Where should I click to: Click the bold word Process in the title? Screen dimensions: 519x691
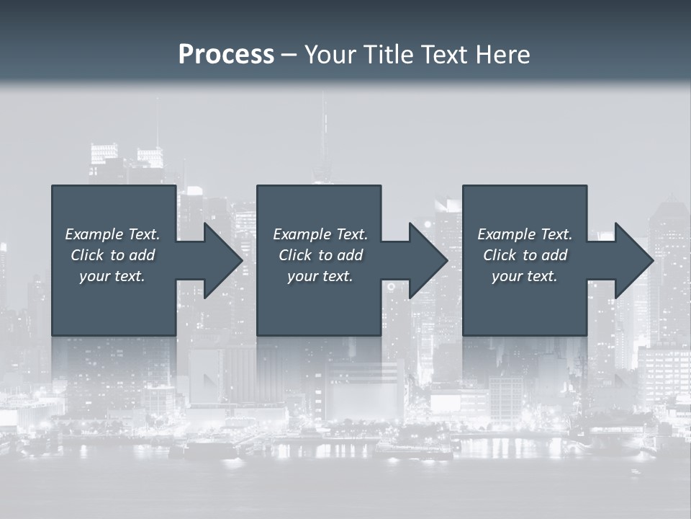(226, 55)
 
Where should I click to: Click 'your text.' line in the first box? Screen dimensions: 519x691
(112, 276)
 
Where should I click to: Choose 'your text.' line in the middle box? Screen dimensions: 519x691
(320, 276)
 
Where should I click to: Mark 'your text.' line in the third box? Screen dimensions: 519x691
(525, 276)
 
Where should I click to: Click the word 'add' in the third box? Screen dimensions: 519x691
(554, 255)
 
